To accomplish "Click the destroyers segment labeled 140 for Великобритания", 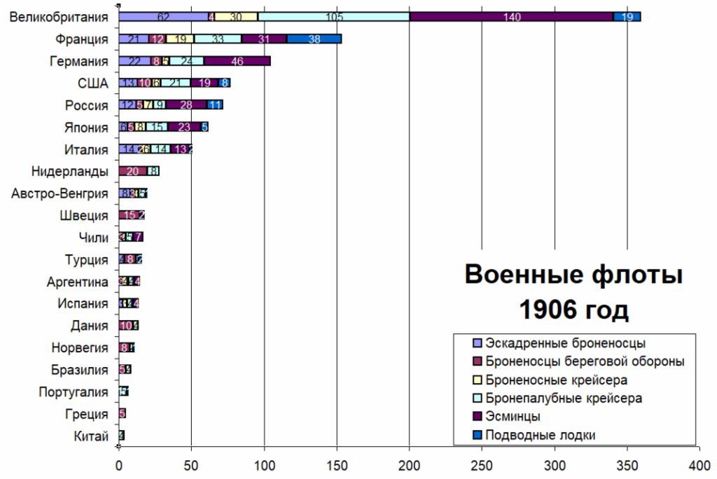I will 511,17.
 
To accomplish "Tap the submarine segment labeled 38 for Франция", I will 314,39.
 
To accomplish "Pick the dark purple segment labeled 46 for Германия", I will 237,61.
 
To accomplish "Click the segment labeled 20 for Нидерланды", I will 133,172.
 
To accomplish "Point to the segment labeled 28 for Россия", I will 186,106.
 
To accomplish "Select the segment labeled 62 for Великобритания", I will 163,17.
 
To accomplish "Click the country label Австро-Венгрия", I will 60,194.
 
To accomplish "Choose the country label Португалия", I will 74,392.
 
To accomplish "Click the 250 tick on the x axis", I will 482,464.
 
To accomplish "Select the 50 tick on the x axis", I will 191,464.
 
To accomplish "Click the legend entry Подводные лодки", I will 540,435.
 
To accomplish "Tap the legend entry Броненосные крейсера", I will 555,380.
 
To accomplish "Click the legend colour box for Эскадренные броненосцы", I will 478,344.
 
